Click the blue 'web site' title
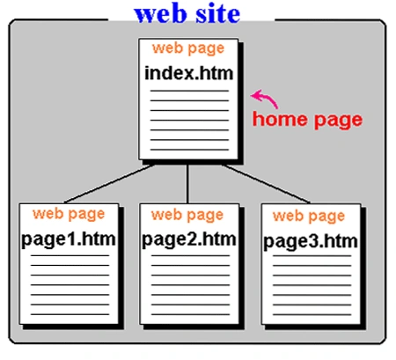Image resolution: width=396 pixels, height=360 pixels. coord(187,14)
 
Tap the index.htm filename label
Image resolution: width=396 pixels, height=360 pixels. coord(189,73)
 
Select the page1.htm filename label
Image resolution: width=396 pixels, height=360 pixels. coord(69,239)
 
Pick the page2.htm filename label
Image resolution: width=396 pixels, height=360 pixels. coord(189,239)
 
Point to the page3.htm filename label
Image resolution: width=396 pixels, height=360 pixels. coord(311,242)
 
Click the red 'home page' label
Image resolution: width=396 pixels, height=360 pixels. coord(307,120)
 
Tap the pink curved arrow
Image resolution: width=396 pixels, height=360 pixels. coord(265,99)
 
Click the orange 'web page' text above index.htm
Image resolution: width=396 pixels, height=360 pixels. coord(188,48)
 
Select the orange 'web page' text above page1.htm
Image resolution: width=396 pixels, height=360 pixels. coord(69,214)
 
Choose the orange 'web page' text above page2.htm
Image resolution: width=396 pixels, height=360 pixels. coord(187,215)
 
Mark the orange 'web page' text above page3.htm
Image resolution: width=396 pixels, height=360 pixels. coord(309,217)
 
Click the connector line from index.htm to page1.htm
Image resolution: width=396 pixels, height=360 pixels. coord(109,184)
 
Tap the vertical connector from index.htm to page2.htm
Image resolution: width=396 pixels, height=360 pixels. coord(187,184)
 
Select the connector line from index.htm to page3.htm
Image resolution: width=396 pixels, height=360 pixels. coord(266,184)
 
